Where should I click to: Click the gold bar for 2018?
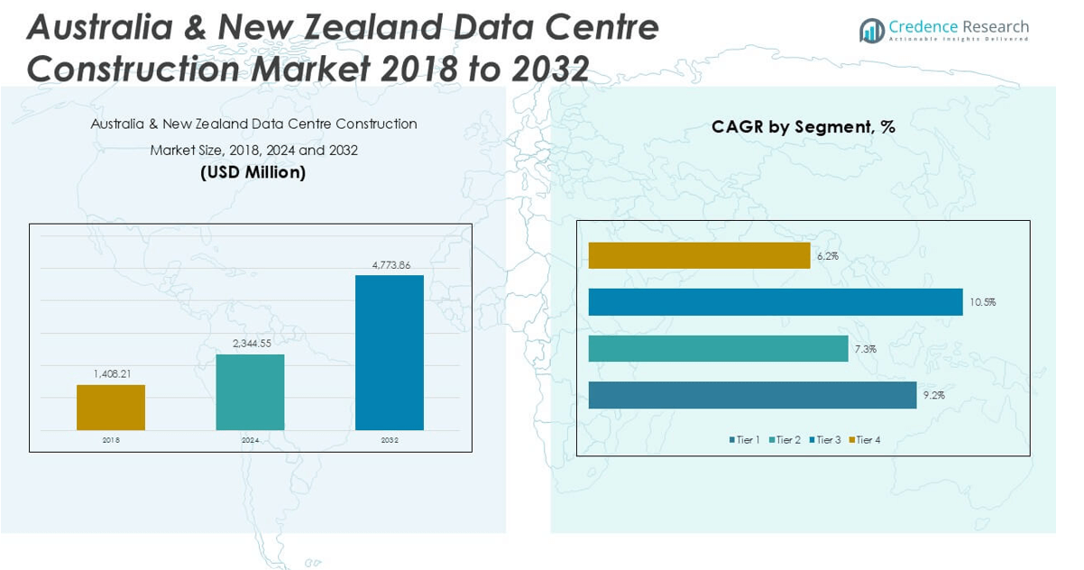[111, 408]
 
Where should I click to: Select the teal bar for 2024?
[250, 392]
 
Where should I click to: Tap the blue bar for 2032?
[390, 353]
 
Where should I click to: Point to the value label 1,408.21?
[111, 373]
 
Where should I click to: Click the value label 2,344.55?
[250, 344]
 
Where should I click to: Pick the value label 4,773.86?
[390, 264]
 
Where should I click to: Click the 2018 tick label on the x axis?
[111, 440]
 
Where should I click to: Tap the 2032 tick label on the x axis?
[390, 440]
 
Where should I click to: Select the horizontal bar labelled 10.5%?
[776, 302]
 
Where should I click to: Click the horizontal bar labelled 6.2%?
[700, 255]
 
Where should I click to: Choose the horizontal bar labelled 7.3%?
[719, 348]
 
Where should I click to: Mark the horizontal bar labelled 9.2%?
[753, 395]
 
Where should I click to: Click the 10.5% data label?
[983, 302]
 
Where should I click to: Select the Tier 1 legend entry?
[745, 439]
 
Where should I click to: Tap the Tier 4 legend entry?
[865, 439]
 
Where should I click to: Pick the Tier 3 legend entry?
[824, 439]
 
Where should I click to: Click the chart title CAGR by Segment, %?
[803, 127]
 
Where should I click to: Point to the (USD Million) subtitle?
[253, 171]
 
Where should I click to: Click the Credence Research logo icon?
[872, 31]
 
